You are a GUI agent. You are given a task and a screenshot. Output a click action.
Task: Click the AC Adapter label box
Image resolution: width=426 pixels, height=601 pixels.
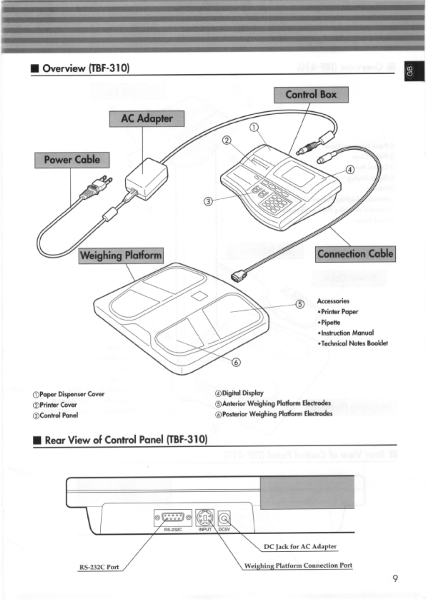pyautogui.click(x=147, y=118)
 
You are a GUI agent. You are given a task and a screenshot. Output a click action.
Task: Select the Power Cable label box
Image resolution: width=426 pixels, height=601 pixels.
pyautogui.click(x=72, y=160)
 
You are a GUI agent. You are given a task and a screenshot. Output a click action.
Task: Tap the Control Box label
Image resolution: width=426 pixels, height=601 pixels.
pyautogui.click(x=311, y=95)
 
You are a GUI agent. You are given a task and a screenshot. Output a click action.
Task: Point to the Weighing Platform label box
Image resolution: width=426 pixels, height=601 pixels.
pyautogui.click(x=121, y=256)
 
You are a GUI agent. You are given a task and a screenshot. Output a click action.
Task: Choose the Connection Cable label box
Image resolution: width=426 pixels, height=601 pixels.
pyautogui.click(x=355, y=254)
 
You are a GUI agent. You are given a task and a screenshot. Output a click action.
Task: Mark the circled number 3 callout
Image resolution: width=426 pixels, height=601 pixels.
pyautogui.click(x=208, y=202)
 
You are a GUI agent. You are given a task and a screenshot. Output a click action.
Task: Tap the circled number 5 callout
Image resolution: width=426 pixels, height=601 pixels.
pyautogui.click(x=300, y=304)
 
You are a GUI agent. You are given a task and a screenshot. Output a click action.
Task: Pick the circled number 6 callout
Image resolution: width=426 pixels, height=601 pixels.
pyautogui.click(x=236, y=362)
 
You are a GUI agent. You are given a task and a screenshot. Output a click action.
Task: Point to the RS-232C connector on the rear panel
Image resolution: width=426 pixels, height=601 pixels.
pyautogui.click(x=173, y=517)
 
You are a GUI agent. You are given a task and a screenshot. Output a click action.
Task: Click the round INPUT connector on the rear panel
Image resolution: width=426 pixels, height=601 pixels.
pyautogui.click(x=205, y=517)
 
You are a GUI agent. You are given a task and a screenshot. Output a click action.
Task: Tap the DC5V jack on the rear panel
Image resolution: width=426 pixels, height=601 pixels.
pyautogui.click(x=224, y=517)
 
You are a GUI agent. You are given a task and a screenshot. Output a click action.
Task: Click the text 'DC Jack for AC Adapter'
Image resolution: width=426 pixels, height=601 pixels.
pyautogui.click(x=300, y=546)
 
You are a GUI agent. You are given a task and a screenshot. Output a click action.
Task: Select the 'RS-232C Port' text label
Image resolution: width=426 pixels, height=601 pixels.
pyautogui.click(x=99, y=567)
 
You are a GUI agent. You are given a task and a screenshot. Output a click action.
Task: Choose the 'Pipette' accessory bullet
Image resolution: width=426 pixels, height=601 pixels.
pyautogui.click(x=330, y=322)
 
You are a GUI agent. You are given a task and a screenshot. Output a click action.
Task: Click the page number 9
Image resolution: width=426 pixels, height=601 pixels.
pyautogui.click(x=395, y=579)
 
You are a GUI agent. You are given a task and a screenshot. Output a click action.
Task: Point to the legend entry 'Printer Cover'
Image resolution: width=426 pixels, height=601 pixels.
pyautogui.click(x=58, y=405)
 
